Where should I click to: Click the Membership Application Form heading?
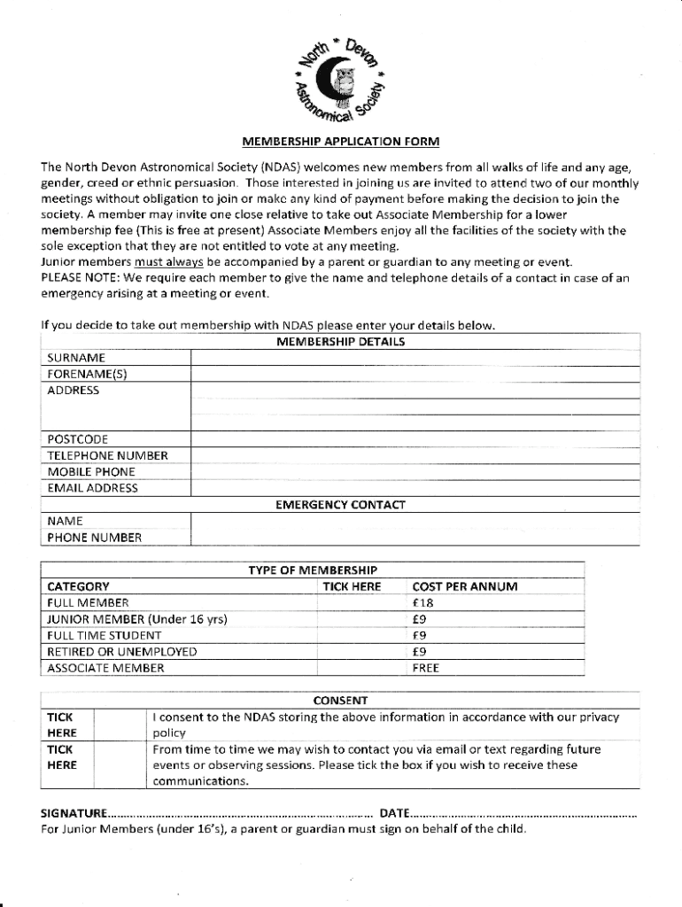point(341,142)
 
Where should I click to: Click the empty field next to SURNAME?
point(415,357)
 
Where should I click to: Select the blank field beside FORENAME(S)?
point(415,373)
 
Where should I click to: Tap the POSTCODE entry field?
point(415,438)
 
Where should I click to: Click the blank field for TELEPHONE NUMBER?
point(415,455)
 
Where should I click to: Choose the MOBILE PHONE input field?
point(415,471)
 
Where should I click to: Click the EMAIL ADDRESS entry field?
point(415,487)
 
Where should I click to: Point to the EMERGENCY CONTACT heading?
point(340,505)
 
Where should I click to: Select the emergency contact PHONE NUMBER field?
point(415,537)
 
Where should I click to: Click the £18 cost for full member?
point(423,602)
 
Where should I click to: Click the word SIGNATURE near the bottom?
point(74,813)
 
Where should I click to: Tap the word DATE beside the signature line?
point(394,813)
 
